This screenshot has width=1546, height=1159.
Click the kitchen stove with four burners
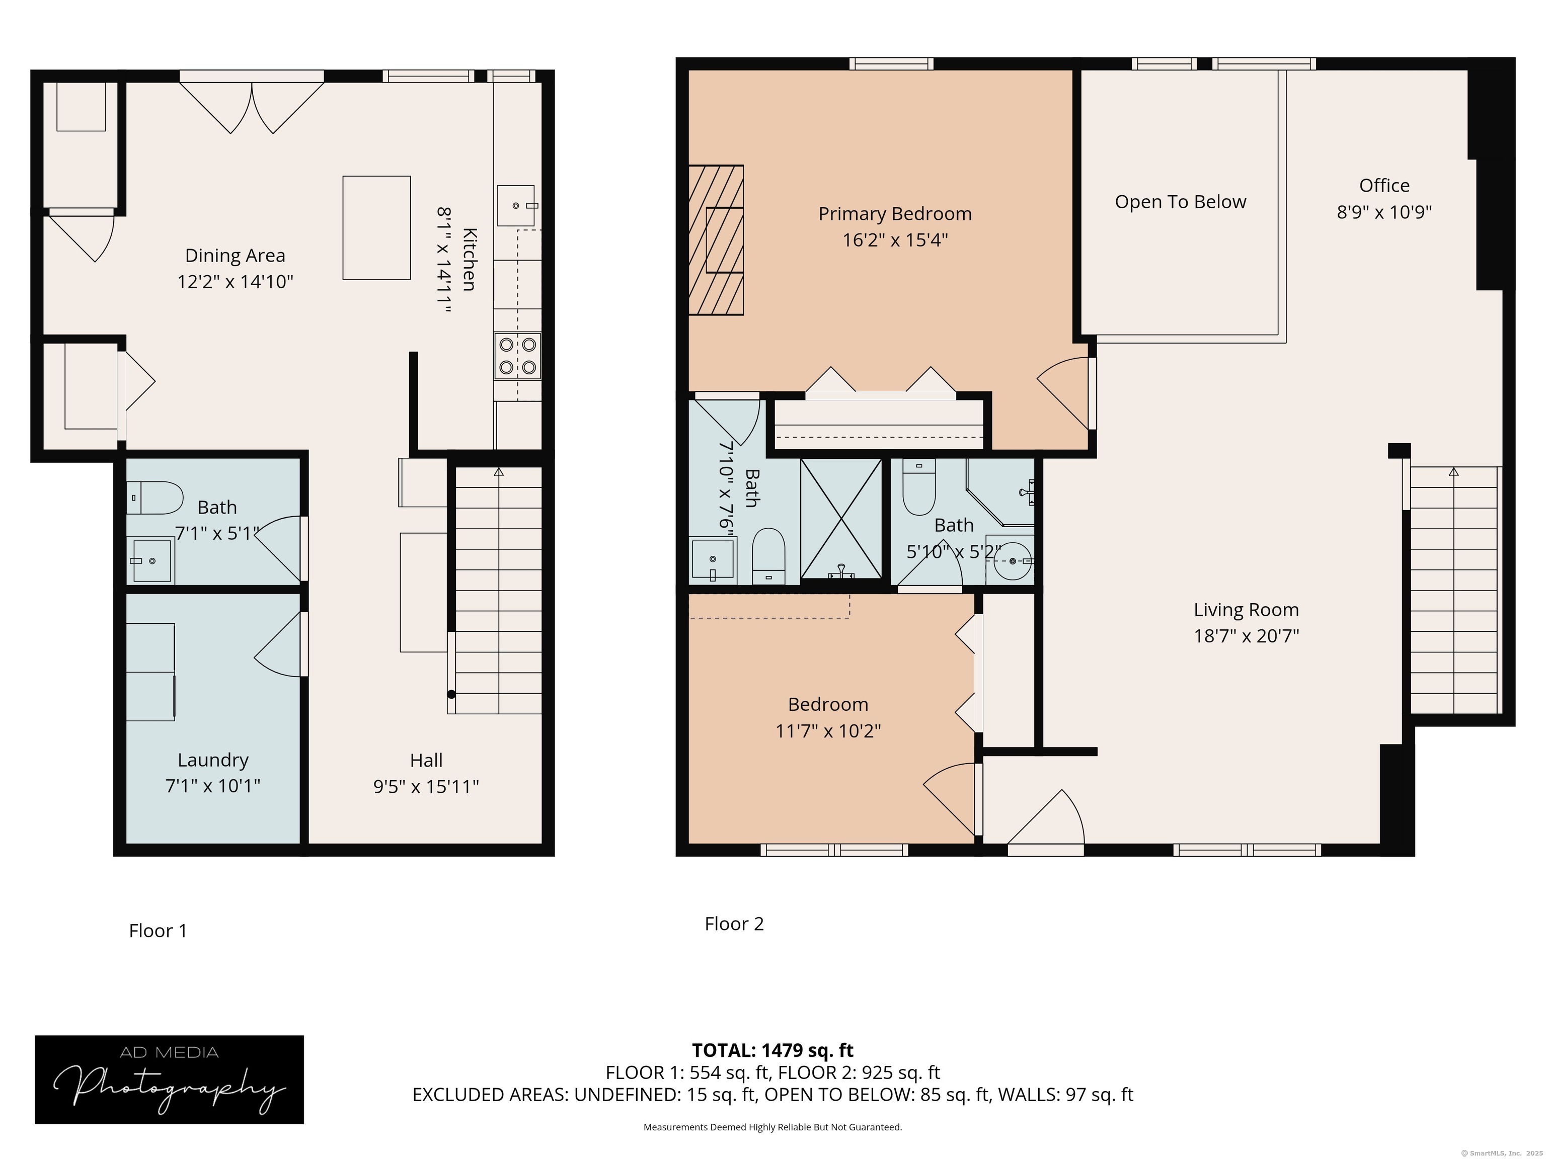517,356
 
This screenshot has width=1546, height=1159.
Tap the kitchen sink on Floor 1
516,205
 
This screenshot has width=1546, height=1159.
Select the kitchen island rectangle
376,228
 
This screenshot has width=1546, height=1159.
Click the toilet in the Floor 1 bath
154,498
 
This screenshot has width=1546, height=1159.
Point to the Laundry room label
213,760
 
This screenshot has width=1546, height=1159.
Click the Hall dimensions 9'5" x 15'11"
426,787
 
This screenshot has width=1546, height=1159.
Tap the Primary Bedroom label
895,214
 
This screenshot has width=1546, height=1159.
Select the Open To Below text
1181,202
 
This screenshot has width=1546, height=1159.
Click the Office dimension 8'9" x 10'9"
1384,212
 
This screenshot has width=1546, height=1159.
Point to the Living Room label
1246,610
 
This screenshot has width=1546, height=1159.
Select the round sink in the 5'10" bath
1013,560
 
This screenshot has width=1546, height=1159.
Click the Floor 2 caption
734,924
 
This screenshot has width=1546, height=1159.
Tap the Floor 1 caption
158,931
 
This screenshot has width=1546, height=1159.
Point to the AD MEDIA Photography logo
169,1080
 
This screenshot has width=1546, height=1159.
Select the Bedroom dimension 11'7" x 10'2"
828,731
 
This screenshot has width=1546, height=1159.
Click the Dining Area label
235,256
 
